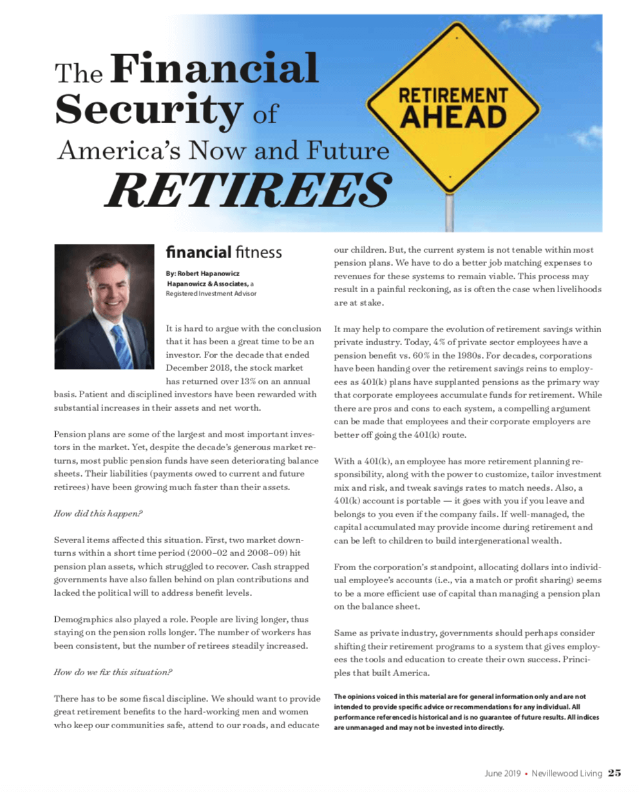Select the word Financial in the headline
(215, 70)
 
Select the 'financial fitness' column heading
(224, 252)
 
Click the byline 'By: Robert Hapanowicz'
(202, 274)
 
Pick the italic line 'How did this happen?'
(98, 514)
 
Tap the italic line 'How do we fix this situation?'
(113, 672)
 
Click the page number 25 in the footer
(614, 773)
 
